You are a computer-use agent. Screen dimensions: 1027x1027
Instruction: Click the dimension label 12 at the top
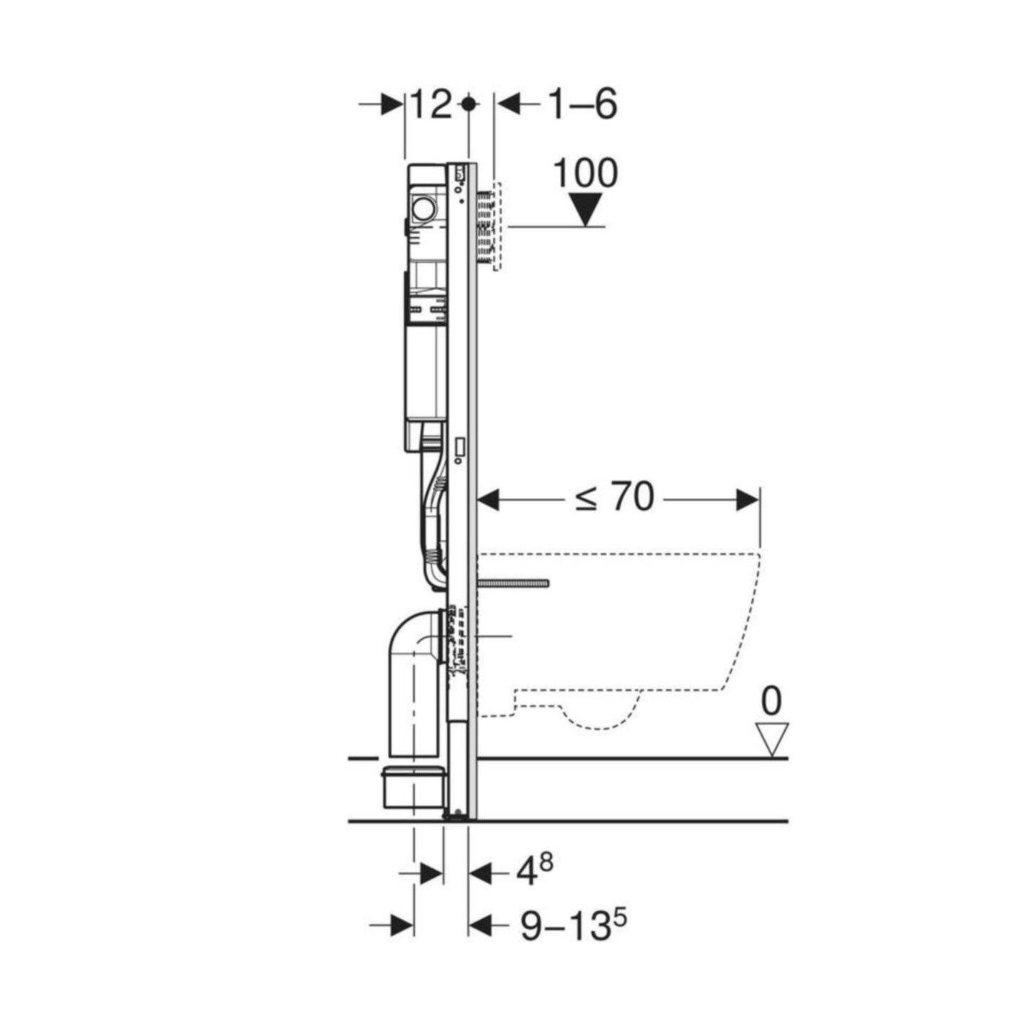click(x=431, y=104)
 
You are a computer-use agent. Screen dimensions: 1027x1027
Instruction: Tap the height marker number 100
click(x=585, y=174)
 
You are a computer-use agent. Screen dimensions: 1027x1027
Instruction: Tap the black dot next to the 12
click(x=469, y=104)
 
